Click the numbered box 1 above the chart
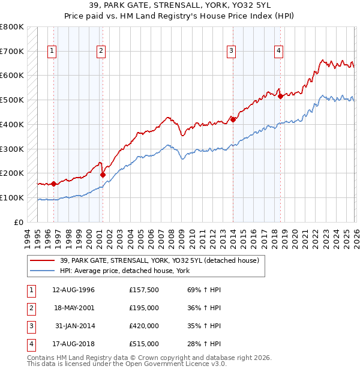point(53,52)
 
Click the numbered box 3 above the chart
point(231,52)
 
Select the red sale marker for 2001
point(103,175)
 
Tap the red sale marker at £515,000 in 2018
point(280,96)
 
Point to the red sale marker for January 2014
point(233,119)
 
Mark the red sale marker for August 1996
point(54,184)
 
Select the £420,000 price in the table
point(144,327)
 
